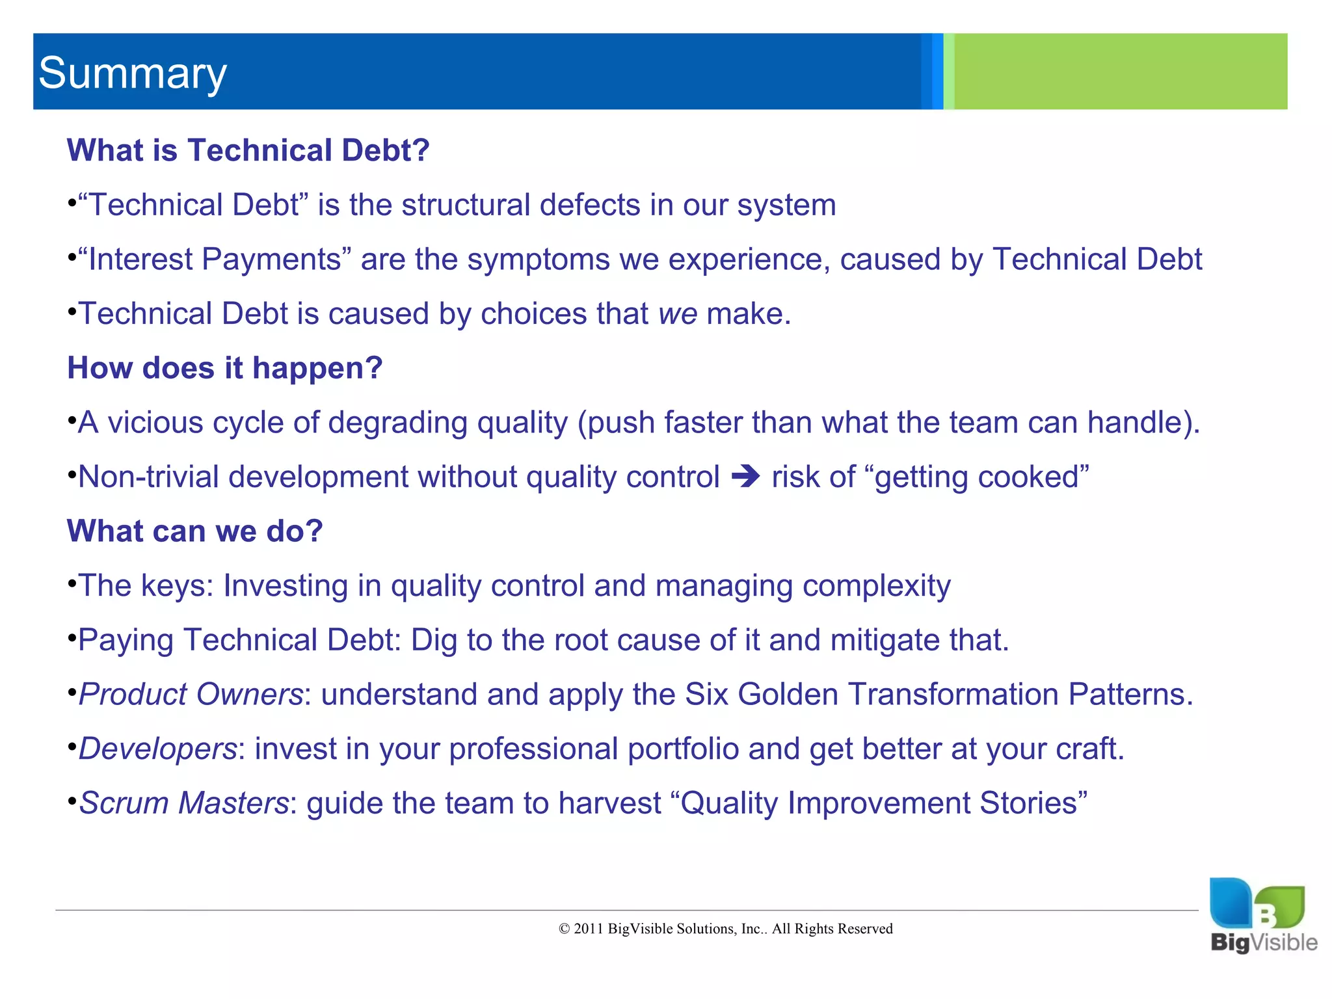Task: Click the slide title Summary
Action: [x=133, y=73]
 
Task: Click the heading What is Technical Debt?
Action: [x=248, y=150]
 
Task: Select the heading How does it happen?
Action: [x=224, y=368]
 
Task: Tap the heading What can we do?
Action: [x=194, y=531]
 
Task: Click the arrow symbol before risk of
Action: [x=745, y=477]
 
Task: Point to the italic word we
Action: [x=678, y=314]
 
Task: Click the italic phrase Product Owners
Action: [x=191, y=695]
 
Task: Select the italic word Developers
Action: [x=157, y=749]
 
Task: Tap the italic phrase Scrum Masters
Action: [x=183, y=803]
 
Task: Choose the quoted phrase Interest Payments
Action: [x=215, y=260]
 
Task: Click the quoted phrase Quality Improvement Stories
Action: [x=883, y=803]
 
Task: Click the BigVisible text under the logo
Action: [x=1263, y=942]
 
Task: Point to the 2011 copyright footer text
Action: [x=725, y=929]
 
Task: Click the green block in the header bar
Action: [x=1120, y=72]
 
